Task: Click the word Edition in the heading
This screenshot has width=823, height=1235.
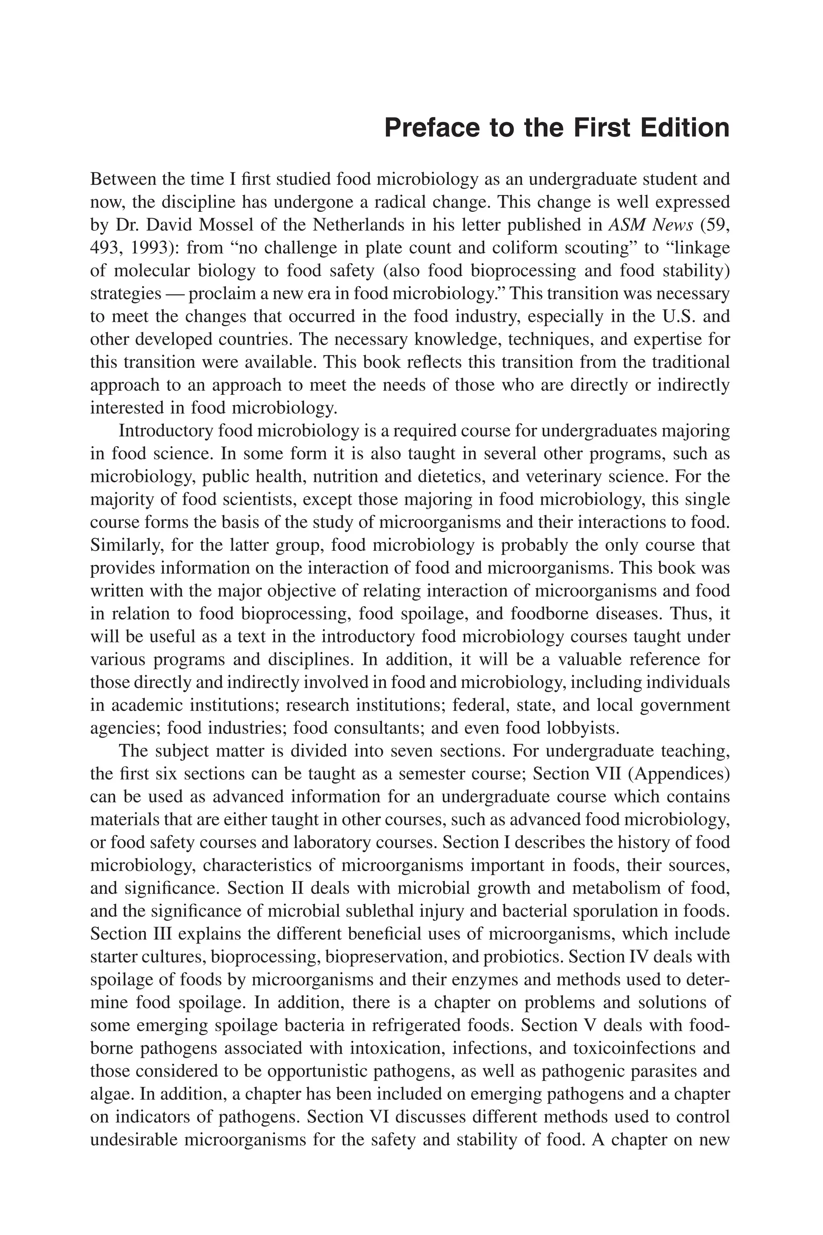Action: pyautogui.click(x=684, y=129)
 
